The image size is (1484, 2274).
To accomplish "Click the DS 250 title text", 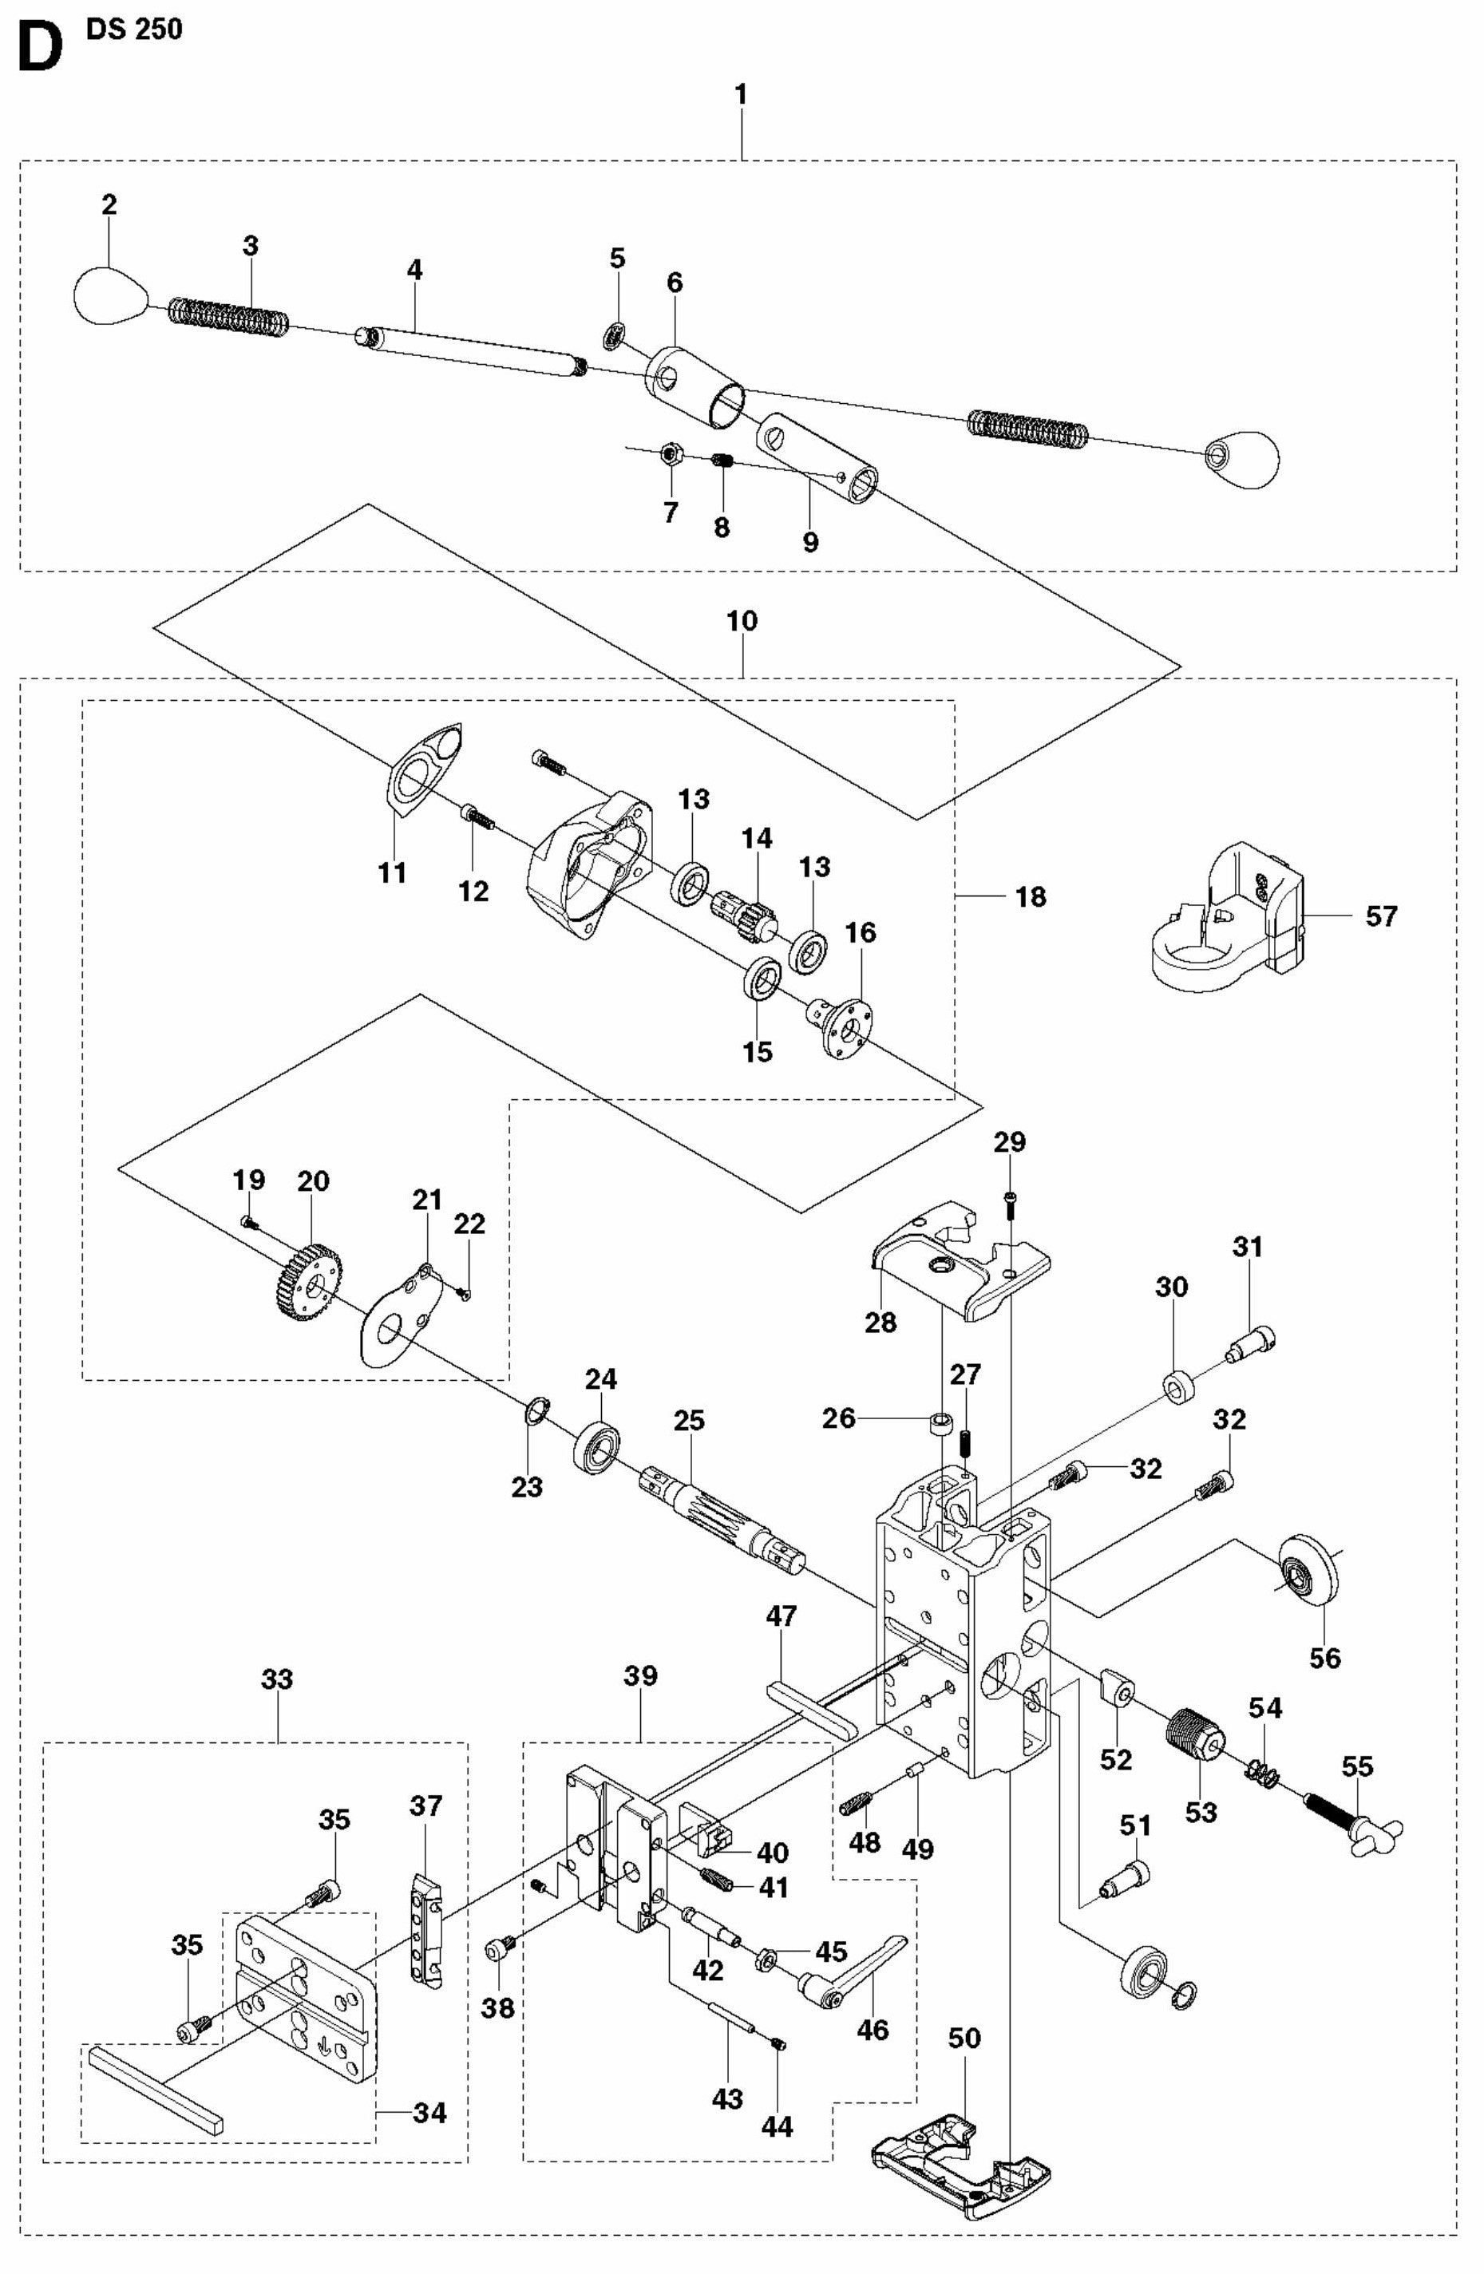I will [x=134, y=30].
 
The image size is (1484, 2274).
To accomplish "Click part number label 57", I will [x=1381, y=916].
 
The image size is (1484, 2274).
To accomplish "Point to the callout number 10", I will [x=742, y=621].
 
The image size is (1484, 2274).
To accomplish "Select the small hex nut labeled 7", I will [x=670, y=452].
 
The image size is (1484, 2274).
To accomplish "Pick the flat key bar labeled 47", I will [x=810, y=1712].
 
